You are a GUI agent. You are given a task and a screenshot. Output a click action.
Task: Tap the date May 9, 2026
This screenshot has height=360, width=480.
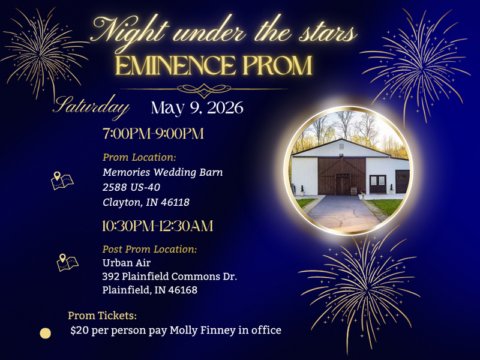pos(197,108)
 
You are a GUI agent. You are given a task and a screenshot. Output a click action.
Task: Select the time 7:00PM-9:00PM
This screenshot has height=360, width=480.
pos(154,134)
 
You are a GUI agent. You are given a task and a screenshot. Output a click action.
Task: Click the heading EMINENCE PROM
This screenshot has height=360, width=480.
pos(214,65)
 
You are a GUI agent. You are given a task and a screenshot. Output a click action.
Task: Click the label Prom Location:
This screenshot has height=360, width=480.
pos(139,157)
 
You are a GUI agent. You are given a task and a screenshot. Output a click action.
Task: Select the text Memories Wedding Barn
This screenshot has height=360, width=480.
pos(163,172)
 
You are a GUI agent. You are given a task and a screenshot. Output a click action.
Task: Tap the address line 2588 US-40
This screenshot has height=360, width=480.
pos(131,187)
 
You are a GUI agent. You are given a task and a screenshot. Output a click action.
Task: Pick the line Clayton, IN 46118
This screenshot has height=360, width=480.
pos(146,202)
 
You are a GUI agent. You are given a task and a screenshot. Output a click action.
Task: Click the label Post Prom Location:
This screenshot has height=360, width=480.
pos(150,249)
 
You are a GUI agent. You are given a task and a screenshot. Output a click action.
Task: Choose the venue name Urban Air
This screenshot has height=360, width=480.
pos(126,262)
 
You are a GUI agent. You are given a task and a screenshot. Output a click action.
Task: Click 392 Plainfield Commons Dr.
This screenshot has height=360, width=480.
pos(170,276)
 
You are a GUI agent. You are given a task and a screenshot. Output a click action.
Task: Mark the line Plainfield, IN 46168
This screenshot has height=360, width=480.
pos(150,290)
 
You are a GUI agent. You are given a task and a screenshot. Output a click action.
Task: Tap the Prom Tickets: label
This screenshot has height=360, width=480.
pos(103,316)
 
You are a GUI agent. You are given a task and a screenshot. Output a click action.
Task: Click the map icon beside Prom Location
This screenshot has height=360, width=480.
pos(62,181)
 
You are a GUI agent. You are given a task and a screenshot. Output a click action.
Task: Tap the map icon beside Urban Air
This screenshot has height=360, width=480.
pos(67,262)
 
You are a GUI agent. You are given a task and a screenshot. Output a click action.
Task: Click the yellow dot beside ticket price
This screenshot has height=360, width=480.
pos(45,333)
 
